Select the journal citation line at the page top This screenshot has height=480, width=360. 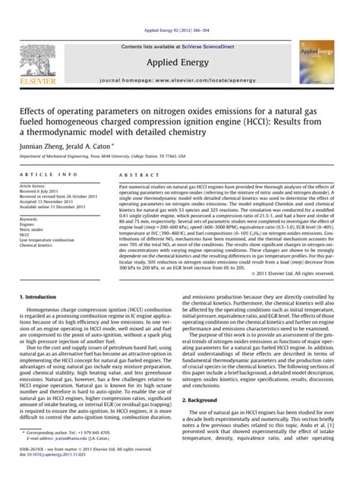(x=180, y=8)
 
